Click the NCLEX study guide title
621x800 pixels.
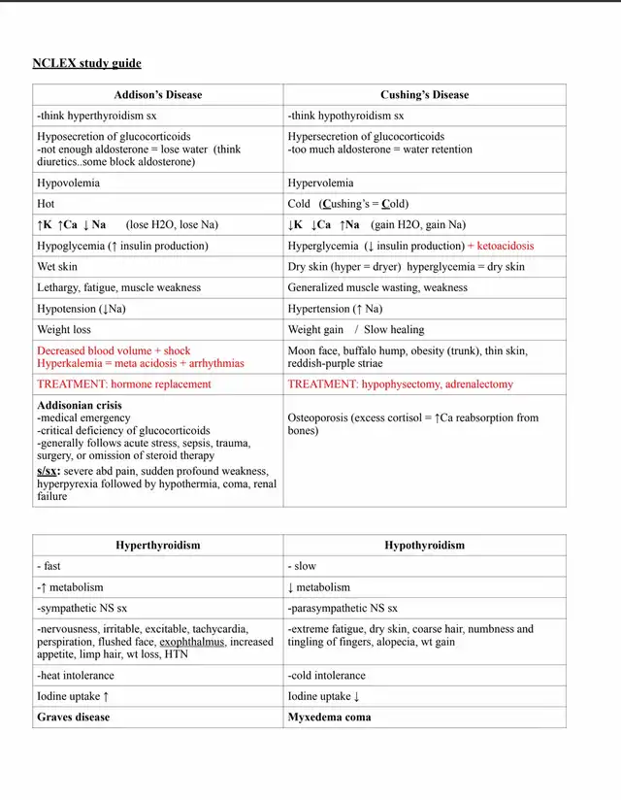coord(86,63)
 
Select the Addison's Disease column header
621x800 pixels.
coord(158,95)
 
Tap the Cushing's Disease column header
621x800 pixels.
coord(424,95)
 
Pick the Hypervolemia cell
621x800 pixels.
coord(320,183)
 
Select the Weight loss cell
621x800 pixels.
coord(64,329)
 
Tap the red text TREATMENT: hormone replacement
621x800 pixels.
coord(123,383)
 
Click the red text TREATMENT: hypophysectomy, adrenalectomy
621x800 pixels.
coord(401,383)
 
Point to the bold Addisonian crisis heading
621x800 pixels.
coord(80,405)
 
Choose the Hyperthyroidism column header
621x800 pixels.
coord(158,545)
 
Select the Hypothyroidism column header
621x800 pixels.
coord(424,545)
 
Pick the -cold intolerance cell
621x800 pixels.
coord(327,675)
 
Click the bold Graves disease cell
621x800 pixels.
coord(74,717)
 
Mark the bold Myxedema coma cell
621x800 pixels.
coord(329,717)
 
